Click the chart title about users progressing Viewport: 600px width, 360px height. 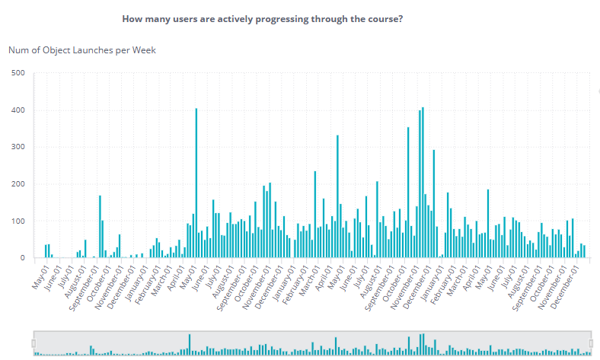tap(261, 18)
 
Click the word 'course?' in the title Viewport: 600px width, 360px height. tap(385, 18)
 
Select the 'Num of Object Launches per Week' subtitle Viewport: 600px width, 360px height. tap(82, 50)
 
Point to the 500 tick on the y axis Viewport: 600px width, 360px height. tap(19, 73)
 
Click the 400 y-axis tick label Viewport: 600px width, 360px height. tap(19, 110)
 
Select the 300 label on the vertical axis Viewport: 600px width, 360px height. tap(19, 147)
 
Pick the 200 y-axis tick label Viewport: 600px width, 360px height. tap(19, 184)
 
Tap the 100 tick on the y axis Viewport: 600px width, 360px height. tap(19, 221)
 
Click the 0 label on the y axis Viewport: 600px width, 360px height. tap(23, 258)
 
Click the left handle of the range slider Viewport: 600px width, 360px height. tap(34, 343)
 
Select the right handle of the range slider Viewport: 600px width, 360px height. tap(592, 343)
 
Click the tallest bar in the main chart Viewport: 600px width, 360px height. tap(423, 183)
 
